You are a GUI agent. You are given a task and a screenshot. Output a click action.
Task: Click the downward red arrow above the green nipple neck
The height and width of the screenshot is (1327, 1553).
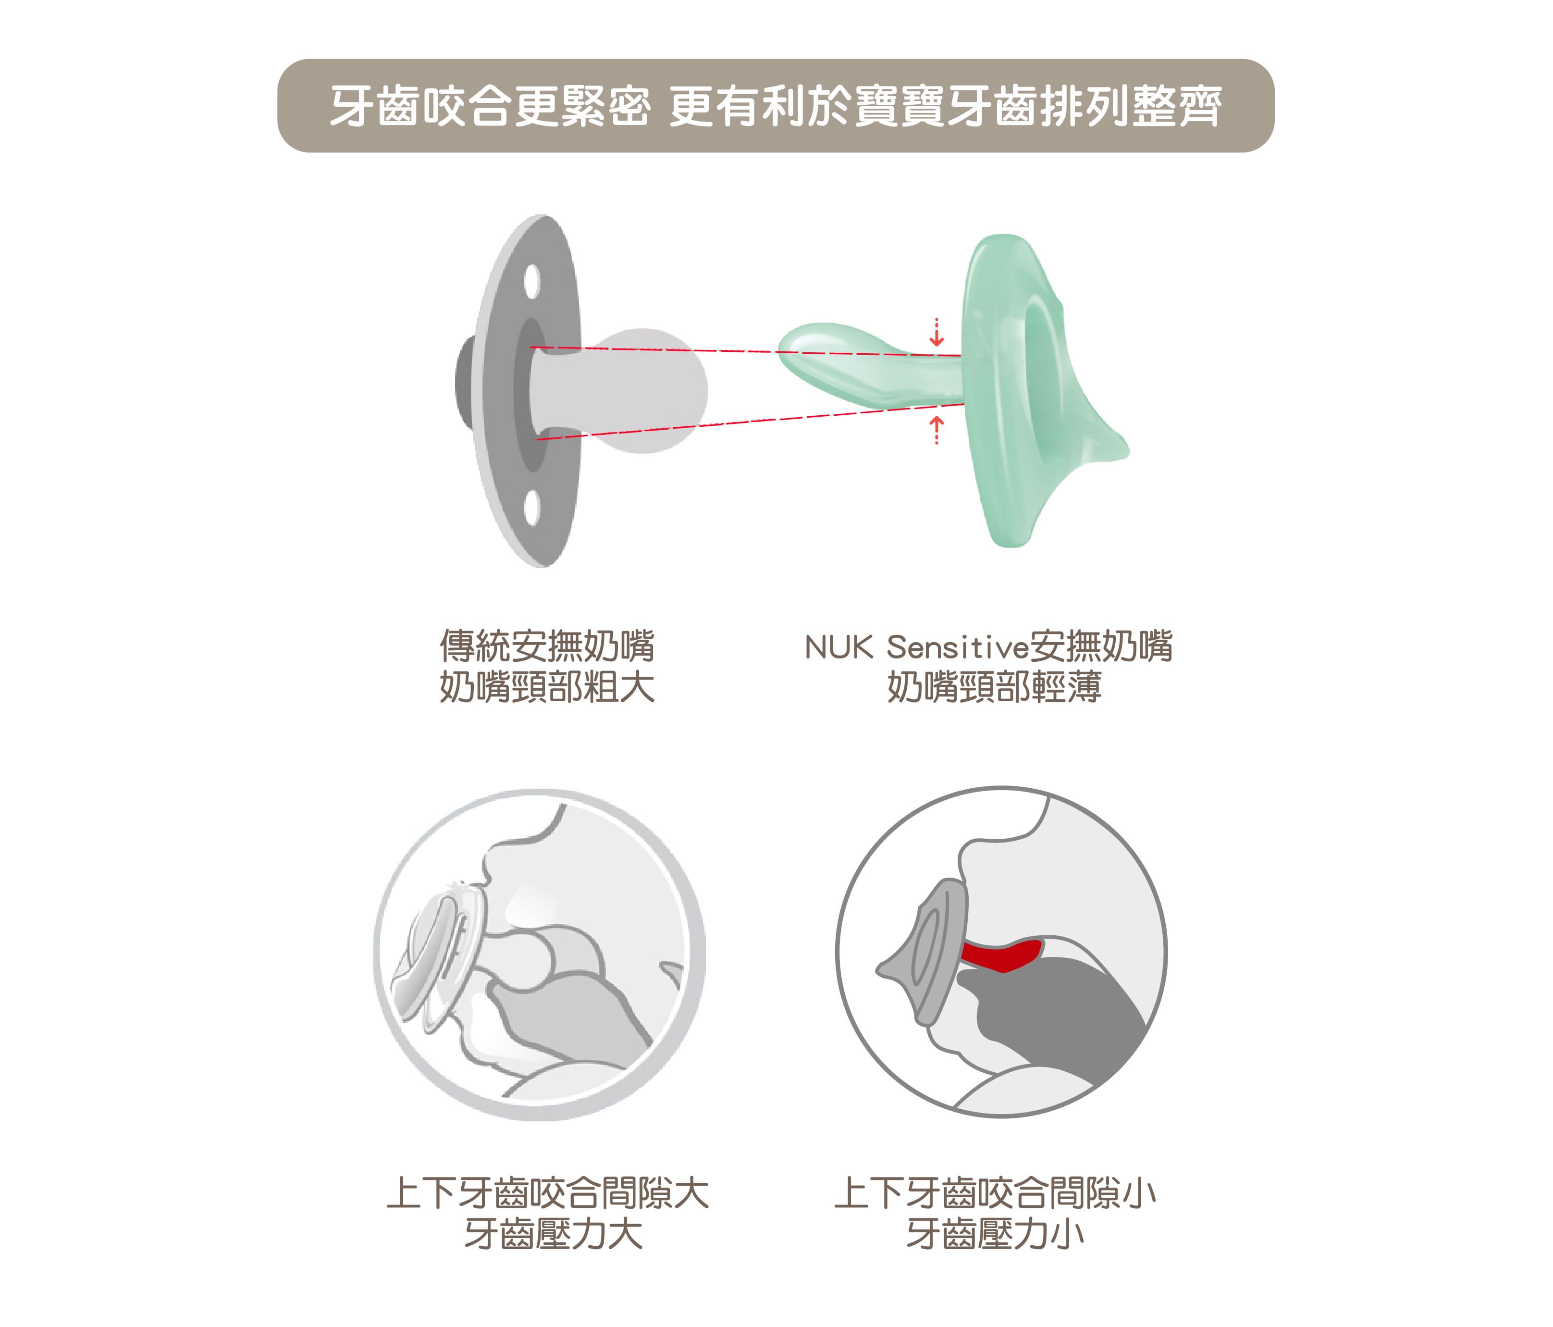(936, 332)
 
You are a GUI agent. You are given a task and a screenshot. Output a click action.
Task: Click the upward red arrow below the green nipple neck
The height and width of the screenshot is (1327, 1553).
(936, 430)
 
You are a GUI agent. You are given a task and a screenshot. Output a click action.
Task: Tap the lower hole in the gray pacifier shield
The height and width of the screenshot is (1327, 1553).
(532, 508)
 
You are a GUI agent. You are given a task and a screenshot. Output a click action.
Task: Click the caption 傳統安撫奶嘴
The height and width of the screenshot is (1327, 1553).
(547, 646)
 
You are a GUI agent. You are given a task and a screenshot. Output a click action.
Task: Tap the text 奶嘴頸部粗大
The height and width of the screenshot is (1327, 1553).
(547, 687)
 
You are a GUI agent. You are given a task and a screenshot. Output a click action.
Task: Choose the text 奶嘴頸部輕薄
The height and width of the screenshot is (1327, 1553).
(994, 687)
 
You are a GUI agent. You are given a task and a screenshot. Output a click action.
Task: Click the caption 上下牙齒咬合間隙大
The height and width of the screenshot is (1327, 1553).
(547, 1193)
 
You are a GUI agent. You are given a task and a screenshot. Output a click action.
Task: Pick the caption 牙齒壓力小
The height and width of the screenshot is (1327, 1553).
(995, 1234)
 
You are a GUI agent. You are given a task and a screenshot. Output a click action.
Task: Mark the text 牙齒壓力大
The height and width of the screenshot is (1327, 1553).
(553, 1234)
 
